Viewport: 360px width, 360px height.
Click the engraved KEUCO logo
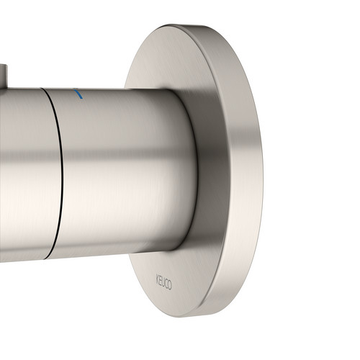coord(164,282)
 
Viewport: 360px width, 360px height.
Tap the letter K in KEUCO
coord(158,279)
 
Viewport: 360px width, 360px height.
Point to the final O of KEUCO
coord(170,284)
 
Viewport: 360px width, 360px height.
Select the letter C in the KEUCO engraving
coord(166,283)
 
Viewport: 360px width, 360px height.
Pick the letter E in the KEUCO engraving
coord(161,280)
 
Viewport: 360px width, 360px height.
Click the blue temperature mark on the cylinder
coord(78,94)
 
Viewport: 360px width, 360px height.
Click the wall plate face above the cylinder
coord(168,60)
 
